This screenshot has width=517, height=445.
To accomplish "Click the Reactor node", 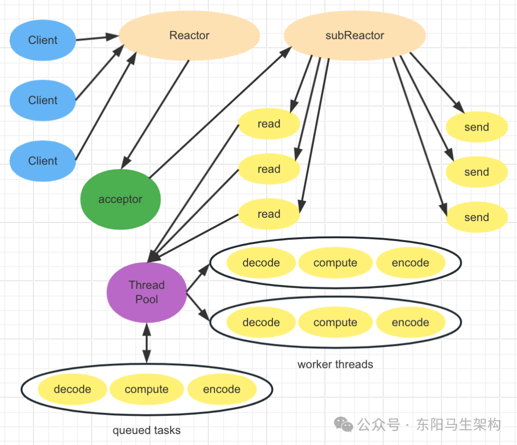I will [x=189, y=36].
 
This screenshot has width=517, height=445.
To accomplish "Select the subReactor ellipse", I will [x=355, y=36].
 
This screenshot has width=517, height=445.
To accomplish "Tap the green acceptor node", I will [x=120, y=199].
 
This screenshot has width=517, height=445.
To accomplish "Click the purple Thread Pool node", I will [x=146, y=292].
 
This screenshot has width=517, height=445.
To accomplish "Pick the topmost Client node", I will [x=43, y=40].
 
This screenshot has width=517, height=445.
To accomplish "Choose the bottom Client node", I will [x=43, y=161].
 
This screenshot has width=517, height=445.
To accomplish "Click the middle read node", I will [x=269, y=169].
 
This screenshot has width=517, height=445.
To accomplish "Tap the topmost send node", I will [x=476, y=127].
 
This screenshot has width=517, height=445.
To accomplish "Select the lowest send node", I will [x=476, y=217].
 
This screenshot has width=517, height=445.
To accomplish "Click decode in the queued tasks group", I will [x=72, y=389].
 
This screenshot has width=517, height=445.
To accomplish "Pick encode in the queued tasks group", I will [x=222, y=389].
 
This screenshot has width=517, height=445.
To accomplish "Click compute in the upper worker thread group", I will [x=335, y=263].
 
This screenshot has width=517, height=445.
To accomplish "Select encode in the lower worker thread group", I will [x=410, y=323].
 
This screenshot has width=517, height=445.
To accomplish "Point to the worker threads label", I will [x=335, y=365].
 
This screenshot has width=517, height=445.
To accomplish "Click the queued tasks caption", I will [x=146, y=431].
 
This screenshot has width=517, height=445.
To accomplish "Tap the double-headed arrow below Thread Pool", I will [x=146, y=342].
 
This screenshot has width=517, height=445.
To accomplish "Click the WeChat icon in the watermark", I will [x=344, y=424].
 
